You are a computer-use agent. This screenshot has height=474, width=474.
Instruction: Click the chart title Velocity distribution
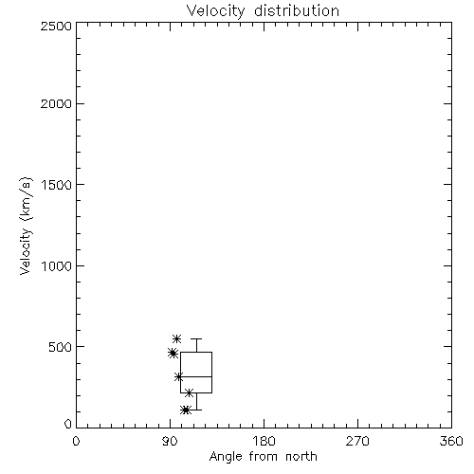tap(263, 11)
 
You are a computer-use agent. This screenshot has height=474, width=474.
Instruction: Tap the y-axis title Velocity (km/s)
tap(26, 226)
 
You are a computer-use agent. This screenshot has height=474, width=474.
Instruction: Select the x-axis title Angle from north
tap(263, 457)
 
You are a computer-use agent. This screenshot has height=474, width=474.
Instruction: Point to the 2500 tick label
tap(56, 26)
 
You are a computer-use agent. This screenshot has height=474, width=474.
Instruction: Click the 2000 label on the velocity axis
tap(56, 103)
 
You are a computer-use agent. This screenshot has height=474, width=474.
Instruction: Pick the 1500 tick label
tap(57, 185)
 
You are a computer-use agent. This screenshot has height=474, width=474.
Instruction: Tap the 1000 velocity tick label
tap(57, 265)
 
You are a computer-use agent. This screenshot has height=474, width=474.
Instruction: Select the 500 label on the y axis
tap(61, 347)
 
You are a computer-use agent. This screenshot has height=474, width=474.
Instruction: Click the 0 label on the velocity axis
tap(68, 424)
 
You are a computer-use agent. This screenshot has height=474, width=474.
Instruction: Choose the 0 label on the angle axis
tap(76, 441)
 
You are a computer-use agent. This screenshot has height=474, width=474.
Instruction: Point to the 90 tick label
tap(170, 441)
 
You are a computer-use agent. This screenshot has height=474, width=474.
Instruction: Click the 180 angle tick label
tap(264, 441)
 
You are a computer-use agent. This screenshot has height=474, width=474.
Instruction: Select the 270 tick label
tap(357, 441)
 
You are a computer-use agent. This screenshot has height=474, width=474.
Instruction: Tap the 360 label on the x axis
tap(451, 441)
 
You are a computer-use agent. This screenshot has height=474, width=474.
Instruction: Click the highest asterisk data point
tap(176, 338)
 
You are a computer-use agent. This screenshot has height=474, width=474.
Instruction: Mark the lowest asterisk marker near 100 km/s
tap(186, 410)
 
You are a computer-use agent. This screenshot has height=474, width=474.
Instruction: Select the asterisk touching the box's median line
tap(179, 376)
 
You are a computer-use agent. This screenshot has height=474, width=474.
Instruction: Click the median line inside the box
tap(196, 376)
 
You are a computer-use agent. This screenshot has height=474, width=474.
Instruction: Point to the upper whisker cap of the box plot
tap(196, 339)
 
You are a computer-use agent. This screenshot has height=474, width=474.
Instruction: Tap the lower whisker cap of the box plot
tap(196, 410)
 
